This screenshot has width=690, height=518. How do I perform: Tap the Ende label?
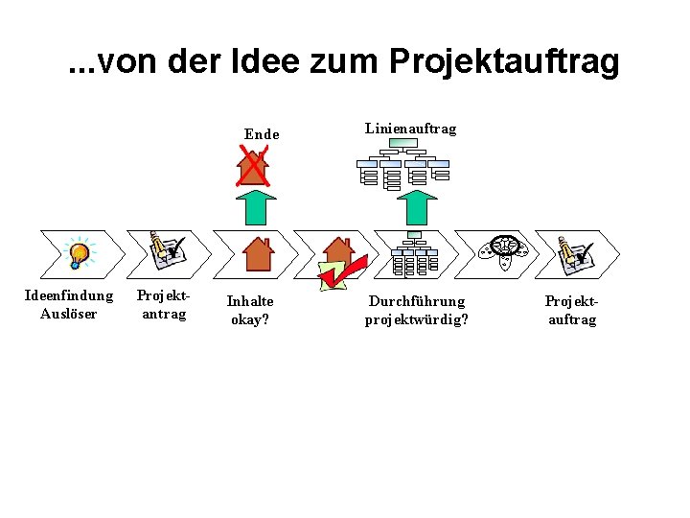tap(262, 134)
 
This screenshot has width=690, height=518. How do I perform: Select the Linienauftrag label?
tap(410, 129)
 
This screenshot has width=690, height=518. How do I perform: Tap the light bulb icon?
tap(78, 253)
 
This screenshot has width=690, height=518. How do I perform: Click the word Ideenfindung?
tap(68, 295)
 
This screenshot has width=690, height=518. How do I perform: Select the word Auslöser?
tap(68, 313)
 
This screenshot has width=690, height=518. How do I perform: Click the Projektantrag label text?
tap(163, 304)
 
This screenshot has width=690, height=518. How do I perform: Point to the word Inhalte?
tap(250, 301)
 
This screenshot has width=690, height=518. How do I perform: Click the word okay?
tap(250, 319)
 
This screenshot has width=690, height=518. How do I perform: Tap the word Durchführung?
tap(417, 301)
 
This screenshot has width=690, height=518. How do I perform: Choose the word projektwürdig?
tap(417, 319)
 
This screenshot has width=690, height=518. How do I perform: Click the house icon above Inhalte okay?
tap(257, 253)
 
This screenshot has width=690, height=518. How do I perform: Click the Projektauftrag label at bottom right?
tap(572, 311)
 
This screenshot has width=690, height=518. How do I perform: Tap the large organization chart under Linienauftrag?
tap(402, 167)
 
